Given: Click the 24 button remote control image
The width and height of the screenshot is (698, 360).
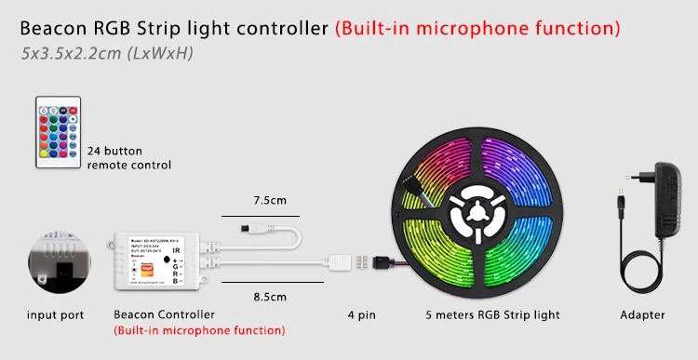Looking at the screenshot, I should (x=58, y=131).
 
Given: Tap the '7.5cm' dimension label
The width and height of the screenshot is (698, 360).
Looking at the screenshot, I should (x=270, y=200).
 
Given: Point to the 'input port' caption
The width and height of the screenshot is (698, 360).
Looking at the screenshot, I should (x=56, y=315).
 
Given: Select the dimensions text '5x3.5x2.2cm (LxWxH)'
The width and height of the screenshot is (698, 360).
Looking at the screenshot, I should (x=106, y=53).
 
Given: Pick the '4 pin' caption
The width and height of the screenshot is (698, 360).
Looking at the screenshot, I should (x=361, y=315).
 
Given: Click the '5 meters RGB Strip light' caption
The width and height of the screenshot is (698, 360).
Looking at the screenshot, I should (x=492, y=315).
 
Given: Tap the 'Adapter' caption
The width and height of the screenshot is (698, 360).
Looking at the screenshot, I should (x=642, y=315).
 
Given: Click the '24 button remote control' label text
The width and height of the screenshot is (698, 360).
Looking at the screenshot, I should (x=129, y=157).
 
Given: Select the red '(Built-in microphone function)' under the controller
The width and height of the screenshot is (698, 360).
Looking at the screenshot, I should (x=199, y=330).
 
